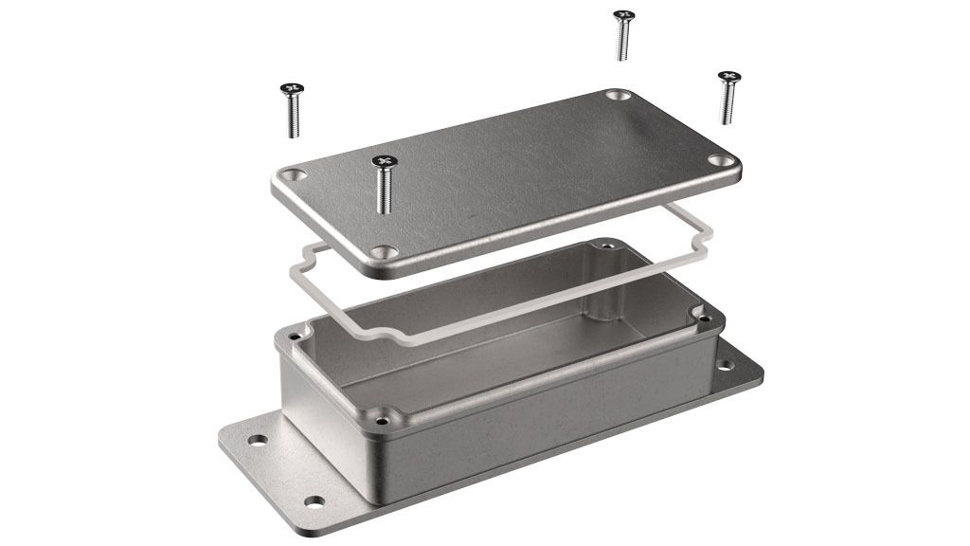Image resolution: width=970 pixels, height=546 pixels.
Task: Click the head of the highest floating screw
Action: pyautogui.click(x=622, y=15)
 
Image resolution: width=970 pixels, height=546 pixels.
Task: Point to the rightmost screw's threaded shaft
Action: pyautogui.click(x=727, y=104)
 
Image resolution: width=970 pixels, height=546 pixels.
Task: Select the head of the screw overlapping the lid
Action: pyautogui.click(x=383, y=161)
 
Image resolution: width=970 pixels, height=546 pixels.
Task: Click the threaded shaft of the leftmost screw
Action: pyautogui.click(x=293, y=118)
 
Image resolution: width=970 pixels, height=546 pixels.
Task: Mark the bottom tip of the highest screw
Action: pyautogui.click(x=623, y=58)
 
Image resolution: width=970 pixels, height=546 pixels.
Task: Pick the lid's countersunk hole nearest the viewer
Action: pyautogui.click(x=385, y=253)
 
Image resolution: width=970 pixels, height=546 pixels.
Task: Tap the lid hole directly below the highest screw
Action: pyautogui.click(x=619, y=96)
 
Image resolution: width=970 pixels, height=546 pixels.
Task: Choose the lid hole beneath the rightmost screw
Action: pyautogui.click(x=724, y=162)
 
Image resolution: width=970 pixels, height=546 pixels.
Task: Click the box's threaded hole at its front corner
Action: pyautogui.click(x=382, y=414)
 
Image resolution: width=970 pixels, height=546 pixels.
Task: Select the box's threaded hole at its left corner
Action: pyautogui.click(x=296, y=335)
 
